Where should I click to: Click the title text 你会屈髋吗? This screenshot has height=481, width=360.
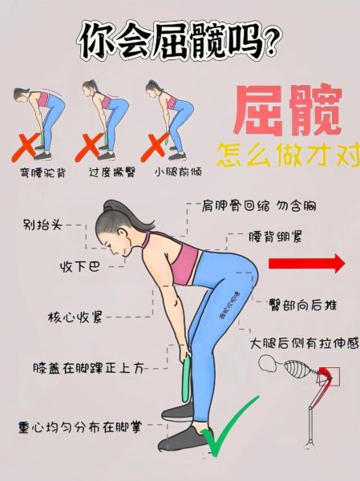(x=180, y=40)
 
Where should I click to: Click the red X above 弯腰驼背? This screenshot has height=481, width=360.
(x=31, y=147)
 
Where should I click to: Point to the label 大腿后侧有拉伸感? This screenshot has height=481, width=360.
(x=305, y=342)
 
